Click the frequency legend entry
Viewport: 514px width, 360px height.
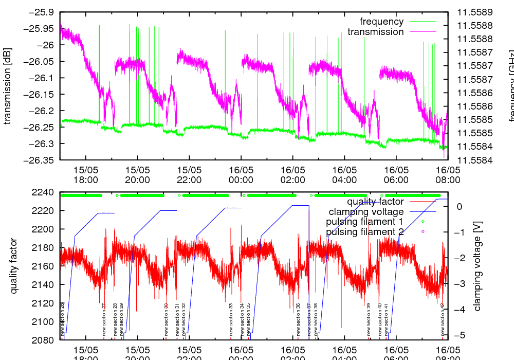click(x=381, y=22)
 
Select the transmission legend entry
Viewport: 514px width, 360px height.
click(x=375, y=32)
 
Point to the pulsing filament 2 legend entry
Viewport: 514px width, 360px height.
click(x=364, y=232)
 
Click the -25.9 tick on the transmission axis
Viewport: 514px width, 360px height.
click(x=42, y=12)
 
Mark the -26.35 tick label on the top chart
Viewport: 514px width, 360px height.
click(x=40, y=160)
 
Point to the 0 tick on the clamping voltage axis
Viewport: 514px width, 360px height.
click(x=458, y=206)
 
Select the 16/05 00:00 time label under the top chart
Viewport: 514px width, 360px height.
click(x=241, y=174)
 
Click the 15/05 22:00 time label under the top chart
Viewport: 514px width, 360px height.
click(x=189, y=174)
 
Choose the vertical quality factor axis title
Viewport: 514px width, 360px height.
click(x=14, y=266)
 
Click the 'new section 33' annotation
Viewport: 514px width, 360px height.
click(x=231, y=319)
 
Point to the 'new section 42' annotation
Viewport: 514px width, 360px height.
click(x=442, y=319)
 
